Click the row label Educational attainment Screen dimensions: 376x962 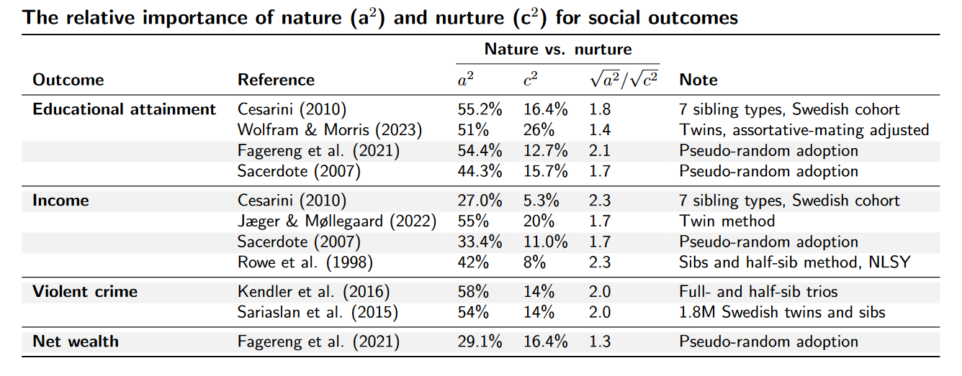click(124, 110)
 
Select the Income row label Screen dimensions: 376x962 click(60, 201)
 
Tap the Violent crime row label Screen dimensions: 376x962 click(85, 292)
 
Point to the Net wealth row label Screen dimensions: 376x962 click(76, 341)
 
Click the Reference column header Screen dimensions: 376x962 click(276, 80)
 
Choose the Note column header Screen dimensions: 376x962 click(698, 80)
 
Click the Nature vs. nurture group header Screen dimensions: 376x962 click(557, 50)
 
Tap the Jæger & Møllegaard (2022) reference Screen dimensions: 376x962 click(337, 221)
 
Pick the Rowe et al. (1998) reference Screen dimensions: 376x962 click(305, 262)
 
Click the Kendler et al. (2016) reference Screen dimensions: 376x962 click(313, 292)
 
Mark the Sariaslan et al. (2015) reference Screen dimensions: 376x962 click(317, 312)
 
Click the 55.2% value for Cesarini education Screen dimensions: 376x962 click(480, 110)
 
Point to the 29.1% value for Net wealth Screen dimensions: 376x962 click(480, 341)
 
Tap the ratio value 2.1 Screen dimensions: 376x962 click(600, 151)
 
